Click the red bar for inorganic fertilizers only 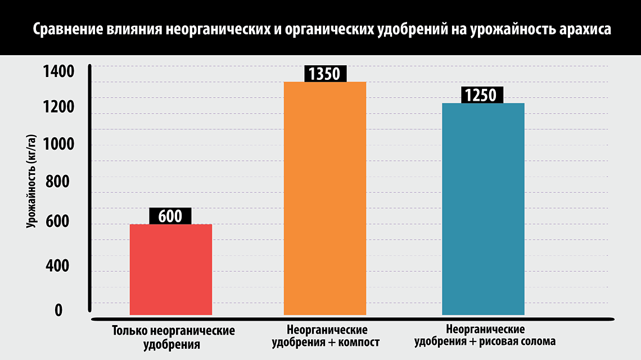171,269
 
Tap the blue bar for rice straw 483,209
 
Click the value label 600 170,216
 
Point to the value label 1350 325,74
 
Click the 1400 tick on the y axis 58,72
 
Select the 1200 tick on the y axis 58,107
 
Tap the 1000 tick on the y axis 58,145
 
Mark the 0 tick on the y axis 58,310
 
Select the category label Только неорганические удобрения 173,337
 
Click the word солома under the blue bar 536,341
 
